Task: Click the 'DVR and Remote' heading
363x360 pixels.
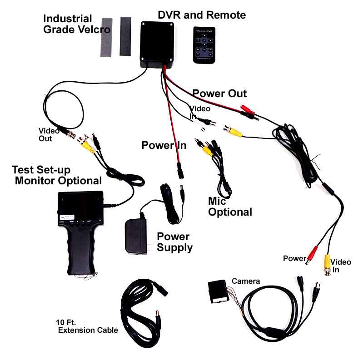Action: click(x=201, y=15)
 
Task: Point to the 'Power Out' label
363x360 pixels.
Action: click(x=219, y=94)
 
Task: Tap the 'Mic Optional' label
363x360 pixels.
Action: click(x=229, y=206)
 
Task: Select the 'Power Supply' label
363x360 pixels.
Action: click(x=175, y=242)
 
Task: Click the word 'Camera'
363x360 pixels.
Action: click(x=246, y=281)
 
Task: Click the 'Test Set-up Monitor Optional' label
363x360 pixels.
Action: click(x=57, y=175)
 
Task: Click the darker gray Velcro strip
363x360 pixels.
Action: click(x=125, y=36)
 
